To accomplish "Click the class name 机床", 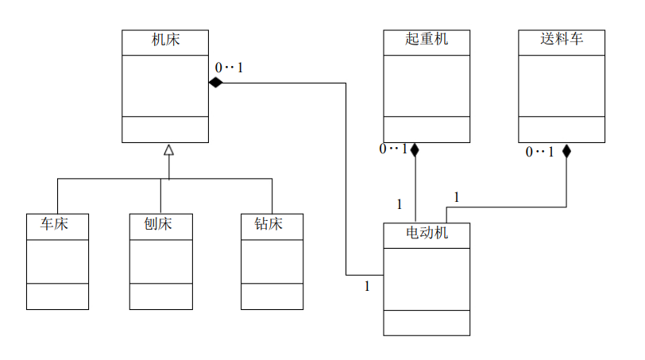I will coord(165,39).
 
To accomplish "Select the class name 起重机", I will coord(427,39).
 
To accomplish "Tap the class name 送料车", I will coord(562,39).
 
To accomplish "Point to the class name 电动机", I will coord(427,233).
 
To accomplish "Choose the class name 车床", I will coord(55,224).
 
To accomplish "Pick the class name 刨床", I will coord(160,224).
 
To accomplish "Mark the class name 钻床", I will coord(272,224).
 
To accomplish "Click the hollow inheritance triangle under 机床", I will coord(168,150).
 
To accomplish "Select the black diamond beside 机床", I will coord(215,82).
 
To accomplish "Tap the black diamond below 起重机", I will coord(415,149).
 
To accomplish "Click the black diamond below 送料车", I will coord(566,150).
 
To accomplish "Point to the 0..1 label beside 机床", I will coord(229,68).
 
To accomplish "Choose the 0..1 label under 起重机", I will coord(393,149).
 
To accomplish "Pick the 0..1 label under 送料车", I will coord(539,152).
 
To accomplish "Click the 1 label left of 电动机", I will coord(367,286).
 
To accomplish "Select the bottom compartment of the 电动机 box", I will coord(427,322).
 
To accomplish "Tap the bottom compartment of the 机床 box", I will coord(165,129).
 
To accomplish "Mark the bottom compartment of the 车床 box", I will coord(57,296).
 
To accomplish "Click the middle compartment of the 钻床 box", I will coord(272,261).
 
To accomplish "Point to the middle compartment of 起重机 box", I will coord(427,86).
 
